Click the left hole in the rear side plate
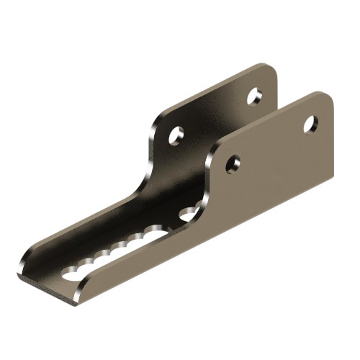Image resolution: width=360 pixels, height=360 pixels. click(x=176, y=135)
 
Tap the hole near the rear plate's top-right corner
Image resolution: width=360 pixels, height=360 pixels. click(x=254, y=96)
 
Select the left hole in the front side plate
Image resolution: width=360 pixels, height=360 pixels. click(x=233, y=164)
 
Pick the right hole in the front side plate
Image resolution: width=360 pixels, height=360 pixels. click(x=310, y=125)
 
